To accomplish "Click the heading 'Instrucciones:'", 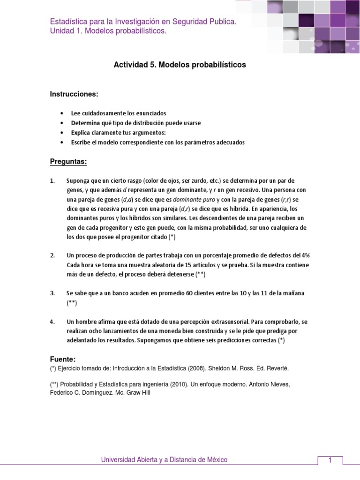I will tap(74, 94).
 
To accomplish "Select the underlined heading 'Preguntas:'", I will tap(68, 162).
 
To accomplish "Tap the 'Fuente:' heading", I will tap(62, 359).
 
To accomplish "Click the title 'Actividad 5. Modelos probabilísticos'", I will tap(180, 65).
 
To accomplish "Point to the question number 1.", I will tap(52, 180).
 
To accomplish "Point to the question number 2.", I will tap(52, 255).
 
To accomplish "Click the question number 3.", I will tap(52, 293).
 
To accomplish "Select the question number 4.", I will tap(52, 322).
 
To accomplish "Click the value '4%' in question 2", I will tap(305, 255).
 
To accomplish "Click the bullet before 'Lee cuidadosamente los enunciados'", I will tap(62, 113).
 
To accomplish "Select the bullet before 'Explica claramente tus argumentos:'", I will tap(62, 133).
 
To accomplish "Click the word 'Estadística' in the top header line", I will tap(69, 22).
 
